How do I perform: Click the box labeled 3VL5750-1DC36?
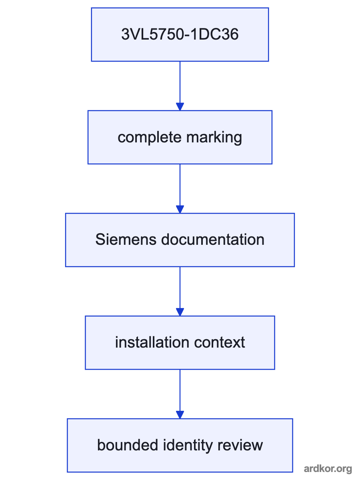180,34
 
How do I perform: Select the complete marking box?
180,137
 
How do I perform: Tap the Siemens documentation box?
180,240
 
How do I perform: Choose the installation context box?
180,343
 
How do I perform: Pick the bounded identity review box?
180,445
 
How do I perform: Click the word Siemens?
126,239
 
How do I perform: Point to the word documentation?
213,239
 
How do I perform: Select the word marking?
214,138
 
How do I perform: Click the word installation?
152,342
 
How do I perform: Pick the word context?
220,342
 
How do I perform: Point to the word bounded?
128,445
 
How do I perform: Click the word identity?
188,446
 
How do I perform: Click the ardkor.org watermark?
328,469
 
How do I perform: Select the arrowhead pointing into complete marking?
180,106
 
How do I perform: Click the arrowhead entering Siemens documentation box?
180,209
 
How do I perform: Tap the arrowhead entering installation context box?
180,312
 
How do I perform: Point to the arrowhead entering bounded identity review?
180,415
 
